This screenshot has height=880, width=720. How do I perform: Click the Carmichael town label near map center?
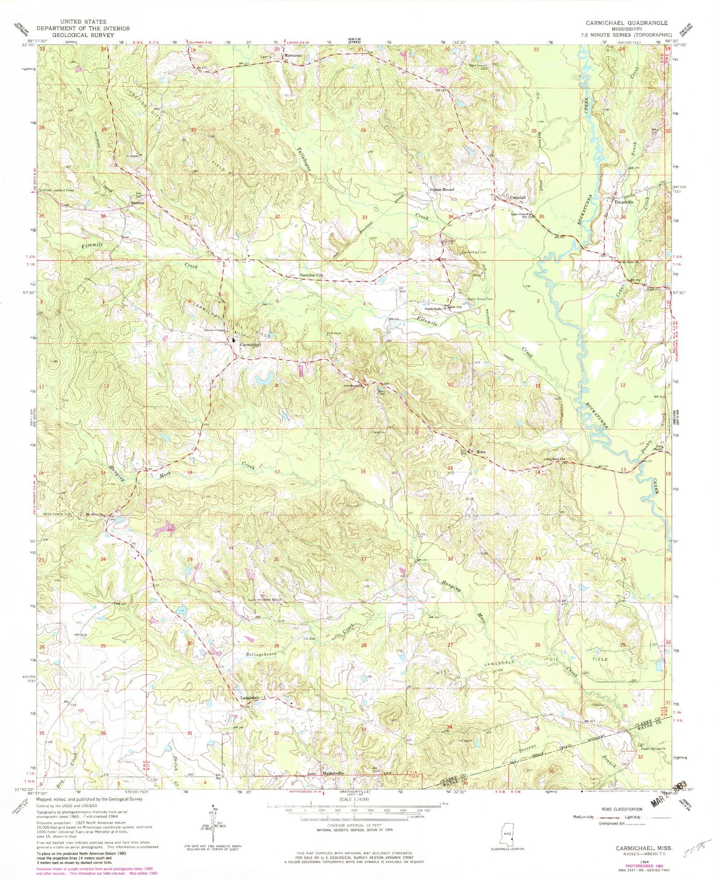pyautogui.click(x=250, y=345)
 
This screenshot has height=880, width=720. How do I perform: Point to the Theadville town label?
pyautogui.click(x=624, y=202)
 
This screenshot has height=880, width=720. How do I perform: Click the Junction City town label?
pyautogui.click(x=312, y=275)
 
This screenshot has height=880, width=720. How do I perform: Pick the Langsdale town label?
pyautogui.click(x=250, y=698)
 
